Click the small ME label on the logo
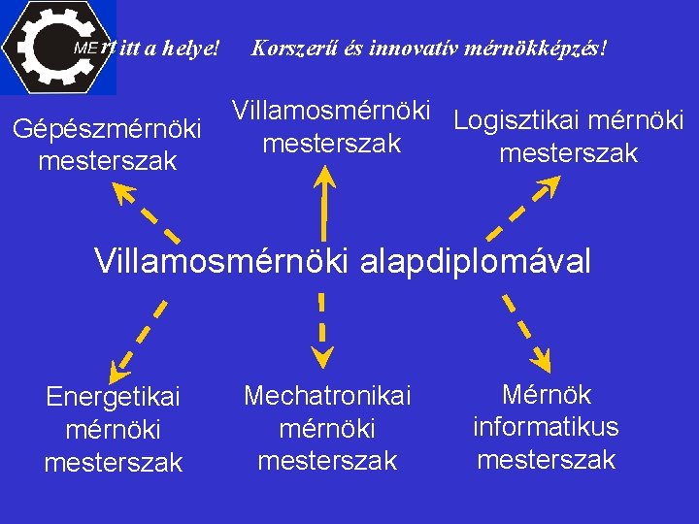(85, 48)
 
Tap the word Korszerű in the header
(292, 47)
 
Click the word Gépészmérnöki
(107, 129)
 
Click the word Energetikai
(114, 397)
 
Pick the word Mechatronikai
(327, 396)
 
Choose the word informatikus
(546, 427)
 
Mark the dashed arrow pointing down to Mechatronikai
(320, 330)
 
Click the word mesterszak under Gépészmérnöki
(107, 160)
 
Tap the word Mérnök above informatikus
(546, 396)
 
